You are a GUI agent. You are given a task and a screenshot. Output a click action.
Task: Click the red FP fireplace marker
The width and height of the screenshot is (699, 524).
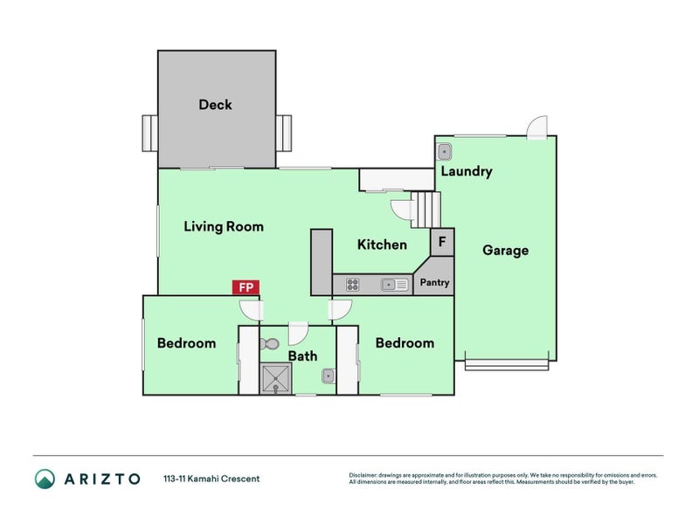(x=246, y=287)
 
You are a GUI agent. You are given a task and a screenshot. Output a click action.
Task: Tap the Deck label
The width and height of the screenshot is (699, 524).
(x=215, y=105)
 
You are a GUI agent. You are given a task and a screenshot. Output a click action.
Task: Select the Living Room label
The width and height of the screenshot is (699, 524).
(x=224, y=226)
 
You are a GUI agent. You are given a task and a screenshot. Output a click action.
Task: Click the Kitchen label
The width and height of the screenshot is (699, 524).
(x=382, y=245)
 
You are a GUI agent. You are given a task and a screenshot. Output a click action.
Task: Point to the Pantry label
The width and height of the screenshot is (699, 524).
(x=434, y=282)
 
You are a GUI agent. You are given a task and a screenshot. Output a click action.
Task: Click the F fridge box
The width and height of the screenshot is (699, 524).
(x=442, y=242)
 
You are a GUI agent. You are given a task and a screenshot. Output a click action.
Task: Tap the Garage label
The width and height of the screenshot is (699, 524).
(x=506, y=251)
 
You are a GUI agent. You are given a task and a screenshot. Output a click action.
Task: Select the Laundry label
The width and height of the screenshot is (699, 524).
(x=467, y=171)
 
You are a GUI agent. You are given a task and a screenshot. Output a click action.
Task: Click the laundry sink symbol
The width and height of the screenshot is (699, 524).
(x=445, y=152)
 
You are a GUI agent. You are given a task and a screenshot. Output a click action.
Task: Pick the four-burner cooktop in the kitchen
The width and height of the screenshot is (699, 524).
(x=353, y=285)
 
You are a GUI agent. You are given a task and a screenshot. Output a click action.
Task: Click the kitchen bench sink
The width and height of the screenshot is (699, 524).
(x=395, y=285)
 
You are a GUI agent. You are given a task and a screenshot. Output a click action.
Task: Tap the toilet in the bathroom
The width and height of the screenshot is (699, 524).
(x=270, y=344)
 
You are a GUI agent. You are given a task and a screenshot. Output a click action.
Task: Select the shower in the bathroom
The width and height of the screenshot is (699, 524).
(x=276, y=378)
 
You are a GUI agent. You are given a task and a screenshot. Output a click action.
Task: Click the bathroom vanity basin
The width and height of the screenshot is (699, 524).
(x=329, y=376)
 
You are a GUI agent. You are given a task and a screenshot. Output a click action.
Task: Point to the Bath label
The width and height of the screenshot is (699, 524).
(x=302, y=356)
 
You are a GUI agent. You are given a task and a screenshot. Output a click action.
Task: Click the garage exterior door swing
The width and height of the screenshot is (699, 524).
(x=536, y=127)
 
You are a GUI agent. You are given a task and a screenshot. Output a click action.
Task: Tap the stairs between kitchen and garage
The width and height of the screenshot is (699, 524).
(x=426, y=210)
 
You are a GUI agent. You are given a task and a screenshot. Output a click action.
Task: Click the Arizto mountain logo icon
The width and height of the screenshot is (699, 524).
(x=45, y=479)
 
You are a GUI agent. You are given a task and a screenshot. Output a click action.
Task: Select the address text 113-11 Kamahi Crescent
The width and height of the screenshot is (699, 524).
(x=211, y=479)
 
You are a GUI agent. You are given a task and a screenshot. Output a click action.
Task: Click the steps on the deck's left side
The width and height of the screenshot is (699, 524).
(x=149, y=134)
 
